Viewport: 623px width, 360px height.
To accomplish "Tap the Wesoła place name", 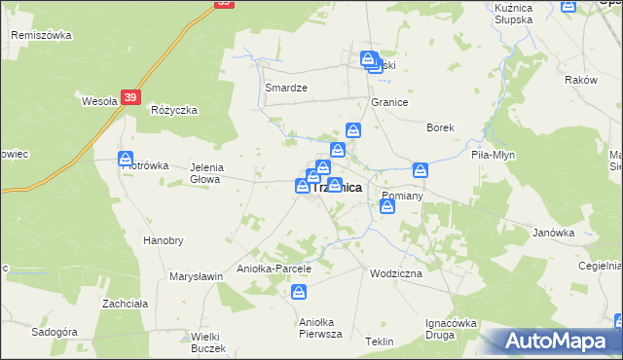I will point(99,99).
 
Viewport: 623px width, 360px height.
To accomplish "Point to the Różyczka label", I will point(174,110).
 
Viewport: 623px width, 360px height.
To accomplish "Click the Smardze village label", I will point(286,88).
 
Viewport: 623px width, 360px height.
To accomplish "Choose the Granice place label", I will point(388,102).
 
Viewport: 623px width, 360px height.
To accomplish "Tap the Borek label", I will point(441,127).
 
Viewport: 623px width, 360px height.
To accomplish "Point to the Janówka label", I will point(553,234).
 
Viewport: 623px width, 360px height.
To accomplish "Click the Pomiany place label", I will point(401,196).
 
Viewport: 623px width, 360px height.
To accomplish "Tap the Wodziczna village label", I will point(396,274).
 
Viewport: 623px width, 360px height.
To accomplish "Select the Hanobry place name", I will point(163,240).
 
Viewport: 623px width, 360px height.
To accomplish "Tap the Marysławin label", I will point(197,276).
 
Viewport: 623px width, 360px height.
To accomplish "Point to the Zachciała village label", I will point(125,304).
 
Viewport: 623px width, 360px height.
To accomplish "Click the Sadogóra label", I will point(55,332).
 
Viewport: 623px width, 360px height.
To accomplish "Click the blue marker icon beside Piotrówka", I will point(126,159).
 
